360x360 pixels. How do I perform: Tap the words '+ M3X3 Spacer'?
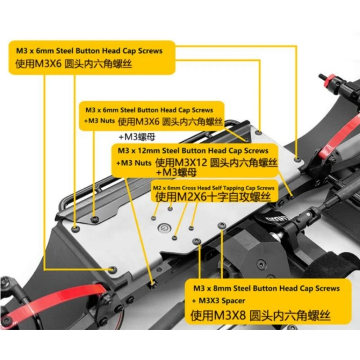[219, 301]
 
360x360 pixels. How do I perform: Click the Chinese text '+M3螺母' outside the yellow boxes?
[137, 137]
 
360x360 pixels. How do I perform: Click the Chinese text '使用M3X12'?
[181, 163]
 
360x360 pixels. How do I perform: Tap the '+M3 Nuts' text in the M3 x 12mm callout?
[134, 163]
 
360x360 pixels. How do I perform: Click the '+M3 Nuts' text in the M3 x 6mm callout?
[99, 121]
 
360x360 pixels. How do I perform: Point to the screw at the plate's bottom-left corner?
[112, 269]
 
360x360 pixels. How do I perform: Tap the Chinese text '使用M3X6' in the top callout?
[39, 63]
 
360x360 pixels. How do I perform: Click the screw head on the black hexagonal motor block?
[261, 263]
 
